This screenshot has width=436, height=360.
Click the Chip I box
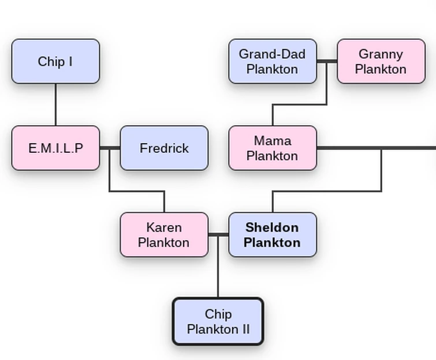[x=55, y=61]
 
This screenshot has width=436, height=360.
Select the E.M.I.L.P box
[x=55, y=148]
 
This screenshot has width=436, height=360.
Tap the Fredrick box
[x=164, y=148]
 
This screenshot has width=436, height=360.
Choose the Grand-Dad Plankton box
[x=273, y=61]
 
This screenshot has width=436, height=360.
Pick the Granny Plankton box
[x=381, y=61]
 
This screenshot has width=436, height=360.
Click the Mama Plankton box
[x=273, y=148]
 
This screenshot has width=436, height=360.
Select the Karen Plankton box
[x=164, y=235]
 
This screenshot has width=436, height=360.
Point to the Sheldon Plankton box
[x=273, y=235]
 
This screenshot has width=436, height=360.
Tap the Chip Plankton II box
[x=218, y=321]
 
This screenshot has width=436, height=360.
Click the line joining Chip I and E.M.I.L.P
[x=55, y=104]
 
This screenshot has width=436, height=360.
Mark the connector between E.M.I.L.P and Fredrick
[x=110, y=148]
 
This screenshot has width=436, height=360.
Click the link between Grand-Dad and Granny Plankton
[x=327, y=61]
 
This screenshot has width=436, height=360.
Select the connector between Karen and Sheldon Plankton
[x=218, y=235]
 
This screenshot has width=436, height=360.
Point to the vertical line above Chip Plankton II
[x=218, y=268]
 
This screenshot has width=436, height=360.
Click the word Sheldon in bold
[x=272, y=227]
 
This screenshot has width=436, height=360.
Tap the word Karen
[x=164, y=227]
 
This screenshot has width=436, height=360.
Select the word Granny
[x=381, y=54]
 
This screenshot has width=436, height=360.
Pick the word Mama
[x=272, y=141]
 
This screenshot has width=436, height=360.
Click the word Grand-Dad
[x=272, y=54]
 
